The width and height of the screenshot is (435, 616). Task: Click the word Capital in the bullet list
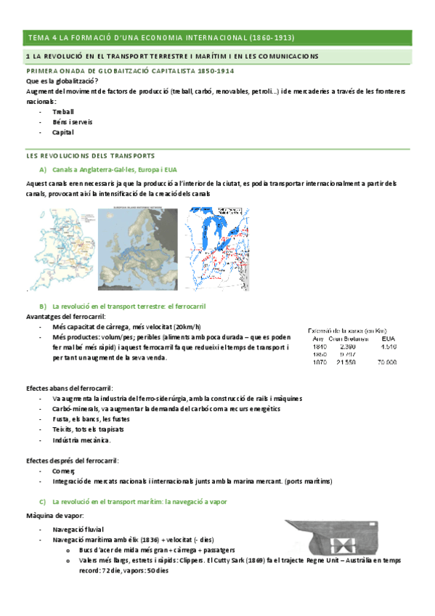click(62, 132)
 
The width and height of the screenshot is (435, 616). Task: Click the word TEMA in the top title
click(36, 37)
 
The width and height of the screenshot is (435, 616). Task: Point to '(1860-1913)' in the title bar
click(272, 37)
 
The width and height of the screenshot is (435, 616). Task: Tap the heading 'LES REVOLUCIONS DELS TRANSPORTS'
click(90, 155)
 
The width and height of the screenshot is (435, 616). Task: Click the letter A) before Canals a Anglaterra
click(43, 169)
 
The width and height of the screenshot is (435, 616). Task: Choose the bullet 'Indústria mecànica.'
click(81, 440)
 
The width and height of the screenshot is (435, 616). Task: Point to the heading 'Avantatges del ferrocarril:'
click(65, 317)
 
